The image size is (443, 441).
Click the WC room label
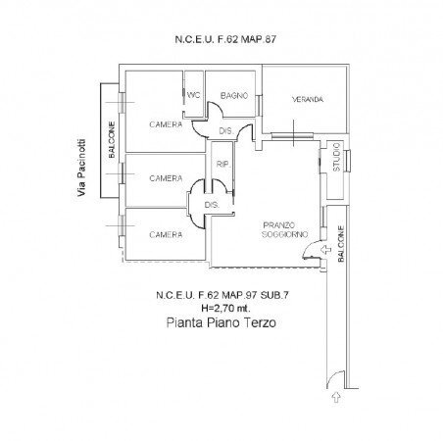[193, 96]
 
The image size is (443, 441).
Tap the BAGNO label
[233, 96]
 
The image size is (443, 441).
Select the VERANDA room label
[307, 101]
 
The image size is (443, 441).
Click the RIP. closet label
[222, 164]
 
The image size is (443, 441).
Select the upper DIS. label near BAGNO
[224, 130]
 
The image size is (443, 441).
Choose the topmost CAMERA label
[166, 124]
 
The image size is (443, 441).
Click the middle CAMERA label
[166, 179]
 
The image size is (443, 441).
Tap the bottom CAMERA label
[166, 235]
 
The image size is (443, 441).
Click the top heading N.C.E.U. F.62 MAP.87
[221, 40]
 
